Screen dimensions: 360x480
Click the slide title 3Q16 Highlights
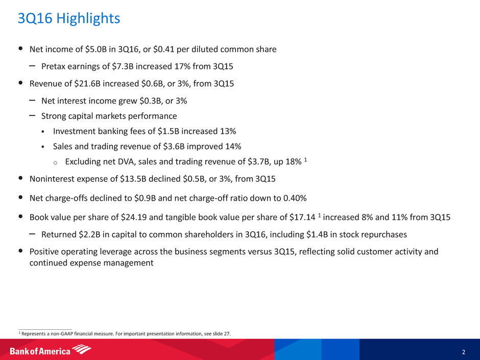click(x=68, y=19)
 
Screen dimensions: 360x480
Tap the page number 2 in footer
click(x=463, y=352)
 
